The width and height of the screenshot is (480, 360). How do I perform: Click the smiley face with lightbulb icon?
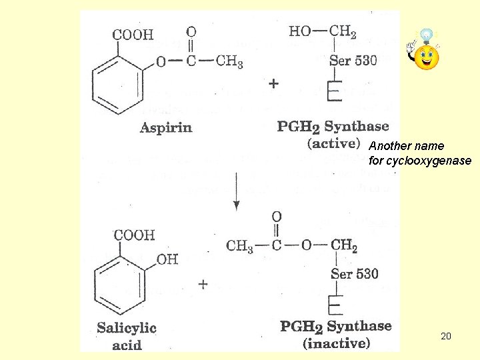click(x=425, y=53)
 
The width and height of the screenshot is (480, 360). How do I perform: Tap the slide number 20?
click(x=446, y=337)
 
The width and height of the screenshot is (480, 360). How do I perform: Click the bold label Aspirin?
click(x=165, y=127)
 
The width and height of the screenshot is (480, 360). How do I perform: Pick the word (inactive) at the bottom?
click(x=336, y=344)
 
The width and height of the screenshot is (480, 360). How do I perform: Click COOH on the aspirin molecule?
click(x=132, y=34)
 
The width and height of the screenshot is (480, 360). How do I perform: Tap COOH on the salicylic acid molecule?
click(x=134, y=235)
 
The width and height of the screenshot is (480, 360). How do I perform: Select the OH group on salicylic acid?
click(x=167, y=259)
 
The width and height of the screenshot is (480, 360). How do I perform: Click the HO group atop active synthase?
click(x=299, y=31)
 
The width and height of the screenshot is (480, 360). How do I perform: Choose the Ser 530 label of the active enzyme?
click(x=353, y=60)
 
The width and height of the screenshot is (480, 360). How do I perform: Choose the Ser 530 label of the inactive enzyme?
click(x=354, y=273)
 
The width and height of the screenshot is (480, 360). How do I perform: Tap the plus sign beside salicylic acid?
click(x=203, y=284)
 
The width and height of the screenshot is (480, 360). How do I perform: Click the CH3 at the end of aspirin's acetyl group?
click(x=229, y=62)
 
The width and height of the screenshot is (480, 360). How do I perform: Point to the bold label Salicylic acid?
click(x=126, y=335)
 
